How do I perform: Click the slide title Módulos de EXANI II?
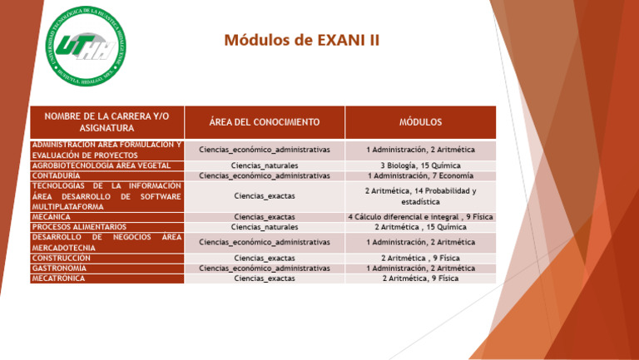coord(301,40)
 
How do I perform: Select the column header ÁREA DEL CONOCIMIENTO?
coord(264,122)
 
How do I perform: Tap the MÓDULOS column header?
coord(420,122)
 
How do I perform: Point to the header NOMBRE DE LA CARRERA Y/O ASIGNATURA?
coord(106,122)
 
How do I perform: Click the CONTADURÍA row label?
coord(57,176)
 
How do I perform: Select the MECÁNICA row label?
coord(52,216)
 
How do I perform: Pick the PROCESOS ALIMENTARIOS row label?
coord(79,226)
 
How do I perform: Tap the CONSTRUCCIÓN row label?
coord(62,258)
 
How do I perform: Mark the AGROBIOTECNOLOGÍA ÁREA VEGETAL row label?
coord(101,165)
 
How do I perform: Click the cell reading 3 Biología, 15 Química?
coord(420,165)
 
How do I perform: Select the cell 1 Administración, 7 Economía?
coord(420,176)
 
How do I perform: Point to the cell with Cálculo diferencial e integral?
coord(420,216)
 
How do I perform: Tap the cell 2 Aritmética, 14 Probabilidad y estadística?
coord(420,196)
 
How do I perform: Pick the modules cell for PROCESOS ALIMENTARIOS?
coord(420,226)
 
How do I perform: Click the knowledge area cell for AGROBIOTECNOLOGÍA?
coord(264,165)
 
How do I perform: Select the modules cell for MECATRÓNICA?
coord(420,279)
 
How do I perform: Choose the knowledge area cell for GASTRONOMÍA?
coord(264,269)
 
